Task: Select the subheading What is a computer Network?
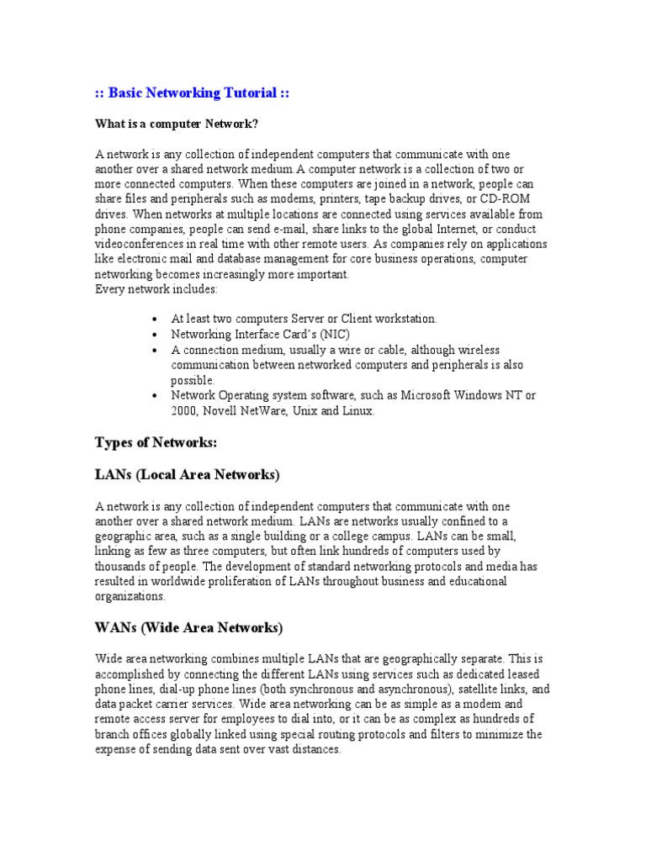point(177,124)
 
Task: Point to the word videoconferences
point(143,244)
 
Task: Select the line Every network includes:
point(156,289)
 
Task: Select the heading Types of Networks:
point(156,442)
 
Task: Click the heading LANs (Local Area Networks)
point(187,475)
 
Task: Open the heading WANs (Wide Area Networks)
point(188,628)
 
